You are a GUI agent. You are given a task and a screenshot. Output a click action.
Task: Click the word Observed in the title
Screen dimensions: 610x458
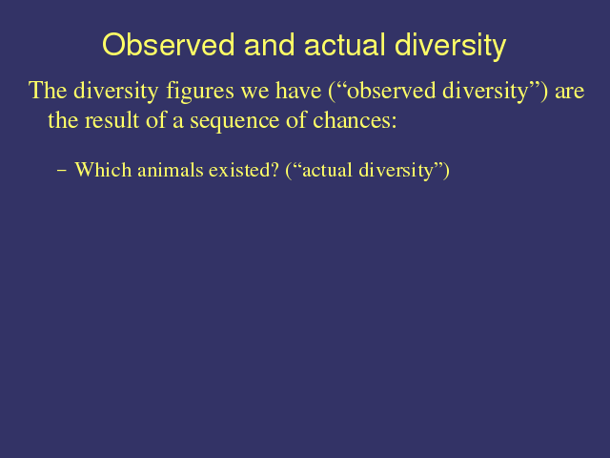coord(168,45)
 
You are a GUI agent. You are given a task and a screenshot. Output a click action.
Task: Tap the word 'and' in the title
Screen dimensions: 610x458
coord(269,45)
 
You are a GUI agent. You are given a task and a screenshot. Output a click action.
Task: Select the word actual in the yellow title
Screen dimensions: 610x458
coord(345,45)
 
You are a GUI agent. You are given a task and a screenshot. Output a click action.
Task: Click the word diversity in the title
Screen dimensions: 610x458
coord(451,46)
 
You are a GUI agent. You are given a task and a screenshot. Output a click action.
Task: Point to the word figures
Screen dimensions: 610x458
coord(200,92)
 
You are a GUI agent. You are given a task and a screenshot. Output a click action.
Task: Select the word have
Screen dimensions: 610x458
coord(298,91)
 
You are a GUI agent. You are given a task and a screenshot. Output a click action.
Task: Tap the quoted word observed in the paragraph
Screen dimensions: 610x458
coord(391,91)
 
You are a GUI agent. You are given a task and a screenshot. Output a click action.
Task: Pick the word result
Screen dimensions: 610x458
coord(112,120)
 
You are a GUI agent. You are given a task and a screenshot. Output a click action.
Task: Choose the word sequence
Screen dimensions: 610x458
coord(234,122)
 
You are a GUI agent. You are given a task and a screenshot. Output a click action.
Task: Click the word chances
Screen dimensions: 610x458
coord(352,120)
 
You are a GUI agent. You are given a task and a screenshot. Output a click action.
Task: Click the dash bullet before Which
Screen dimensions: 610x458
coord(61,171)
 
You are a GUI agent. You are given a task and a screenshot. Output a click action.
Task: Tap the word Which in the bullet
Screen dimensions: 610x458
coord(103,170)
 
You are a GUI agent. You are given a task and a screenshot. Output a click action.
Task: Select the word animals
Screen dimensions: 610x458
coord(171,170)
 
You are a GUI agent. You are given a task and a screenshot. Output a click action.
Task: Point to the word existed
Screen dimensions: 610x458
coord(239,170)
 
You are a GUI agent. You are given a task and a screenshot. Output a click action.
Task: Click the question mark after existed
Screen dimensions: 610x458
coord(275,170)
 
